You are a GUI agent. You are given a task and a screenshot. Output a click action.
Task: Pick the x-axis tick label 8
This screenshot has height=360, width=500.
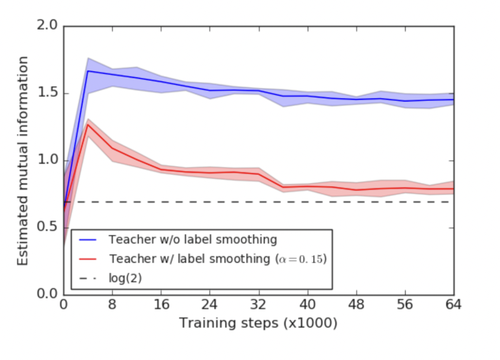click(x=113, y=305)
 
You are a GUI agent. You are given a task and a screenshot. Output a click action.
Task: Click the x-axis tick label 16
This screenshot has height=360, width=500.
click(x=161, y=305)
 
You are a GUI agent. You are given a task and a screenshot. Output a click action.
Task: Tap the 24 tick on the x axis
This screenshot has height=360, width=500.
click(x=210, y=305)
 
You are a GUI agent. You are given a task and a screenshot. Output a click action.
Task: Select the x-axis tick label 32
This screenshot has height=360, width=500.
click(x=258, y=305)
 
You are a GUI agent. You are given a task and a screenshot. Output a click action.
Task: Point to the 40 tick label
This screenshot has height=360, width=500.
click(x=307, y=305)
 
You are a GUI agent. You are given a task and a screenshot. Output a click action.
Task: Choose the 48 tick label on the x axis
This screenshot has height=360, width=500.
click(x=356, y=305)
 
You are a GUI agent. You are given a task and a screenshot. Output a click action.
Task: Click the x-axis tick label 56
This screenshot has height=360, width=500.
click(x=404, y=305)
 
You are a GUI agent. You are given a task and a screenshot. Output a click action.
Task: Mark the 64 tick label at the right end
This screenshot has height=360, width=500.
click(x=452, y=305)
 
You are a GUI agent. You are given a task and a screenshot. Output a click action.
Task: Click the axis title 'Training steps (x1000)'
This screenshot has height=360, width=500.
click(x=258, y=323)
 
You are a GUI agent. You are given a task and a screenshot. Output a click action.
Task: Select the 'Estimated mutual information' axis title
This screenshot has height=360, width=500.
click(x=22, y=161)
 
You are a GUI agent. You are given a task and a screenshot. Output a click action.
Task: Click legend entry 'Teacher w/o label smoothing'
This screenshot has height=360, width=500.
click(x=192, y=240)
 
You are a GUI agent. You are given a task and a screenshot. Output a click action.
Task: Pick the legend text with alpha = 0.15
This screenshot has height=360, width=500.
click(x=218, y=258)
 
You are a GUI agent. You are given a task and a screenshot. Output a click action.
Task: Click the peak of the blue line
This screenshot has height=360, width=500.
click(x=88, y=71)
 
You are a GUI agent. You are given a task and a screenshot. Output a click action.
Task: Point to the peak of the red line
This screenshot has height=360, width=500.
click(x=88, y=124)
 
